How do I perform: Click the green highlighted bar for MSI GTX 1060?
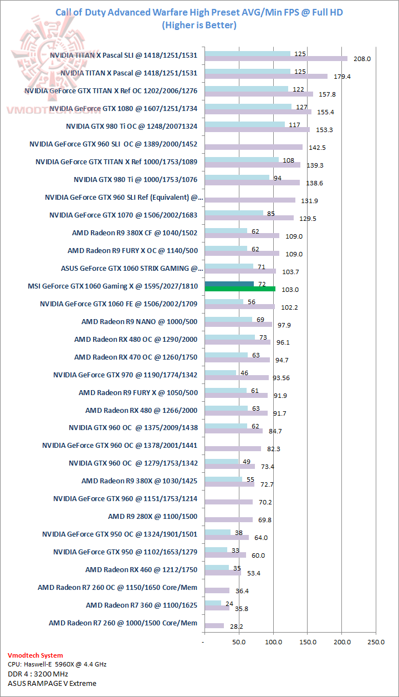coord(239,289)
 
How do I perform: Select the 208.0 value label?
coord(362,58)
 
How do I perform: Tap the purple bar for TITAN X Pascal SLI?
coord(276,58)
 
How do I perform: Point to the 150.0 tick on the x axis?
coord(308,642)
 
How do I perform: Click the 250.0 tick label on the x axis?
coord(376,642)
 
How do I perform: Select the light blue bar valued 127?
coord(248,107)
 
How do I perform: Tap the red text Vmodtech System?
coord(35,655)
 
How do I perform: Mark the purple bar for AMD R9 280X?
coord(228,519)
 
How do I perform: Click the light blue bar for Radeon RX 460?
coord(217,568)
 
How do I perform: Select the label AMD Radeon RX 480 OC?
coord(136,339)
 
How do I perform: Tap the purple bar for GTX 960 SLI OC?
coord(253,147)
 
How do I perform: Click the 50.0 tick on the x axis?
coord(239,642)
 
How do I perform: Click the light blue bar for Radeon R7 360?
coord(213,603)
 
